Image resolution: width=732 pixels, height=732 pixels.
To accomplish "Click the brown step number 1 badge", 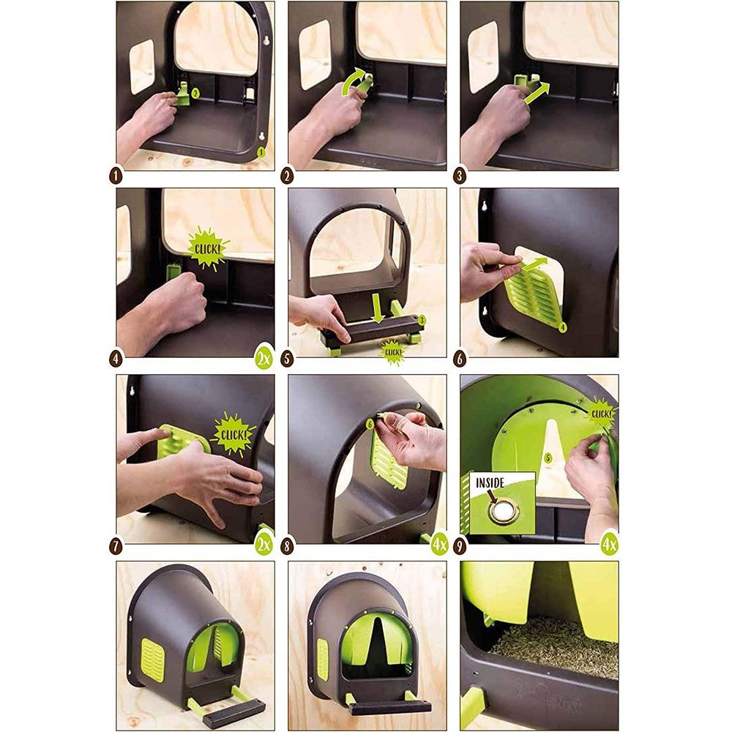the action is [x=116, y=176].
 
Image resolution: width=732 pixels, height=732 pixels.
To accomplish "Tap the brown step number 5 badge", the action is [x=288, y=359].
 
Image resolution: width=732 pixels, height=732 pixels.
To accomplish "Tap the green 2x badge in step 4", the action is [x=264, y=359].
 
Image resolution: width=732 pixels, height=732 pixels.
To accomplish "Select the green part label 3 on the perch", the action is [x=422, y=321].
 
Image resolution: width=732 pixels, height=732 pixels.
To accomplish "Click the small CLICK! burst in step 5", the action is [x=393, y=351].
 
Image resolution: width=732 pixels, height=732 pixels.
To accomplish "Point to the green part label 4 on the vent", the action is [x=563, y=328].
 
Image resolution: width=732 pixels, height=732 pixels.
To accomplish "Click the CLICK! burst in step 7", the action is [x=234, y=434].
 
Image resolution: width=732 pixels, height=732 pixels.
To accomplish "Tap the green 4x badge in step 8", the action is [x=438, y=545].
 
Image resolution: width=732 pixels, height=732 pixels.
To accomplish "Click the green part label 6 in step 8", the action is [x=370, y=425].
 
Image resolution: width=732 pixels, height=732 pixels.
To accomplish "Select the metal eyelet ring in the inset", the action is [x=501, y=511].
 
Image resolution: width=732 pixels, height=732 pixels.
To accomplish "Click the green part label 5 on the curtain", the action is [x=549, y=458].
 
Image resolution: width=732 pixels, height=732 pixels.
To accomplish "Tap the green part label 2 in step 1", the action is [x=195, y=94].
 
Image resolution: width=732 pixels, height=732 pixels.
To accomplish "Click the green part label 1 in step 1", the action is [x=261, y=152].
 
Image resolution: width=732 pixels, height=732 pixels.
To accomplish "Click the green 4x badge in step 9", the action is [x=609, y=545].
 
